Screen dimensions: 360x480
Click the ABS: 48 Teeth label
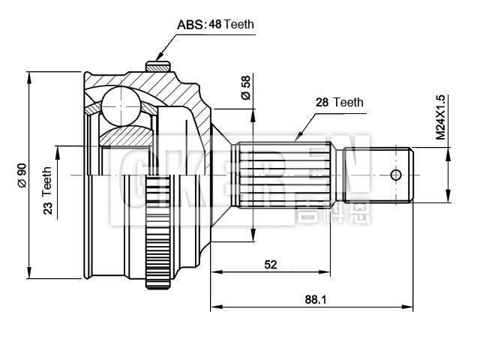[215, 24]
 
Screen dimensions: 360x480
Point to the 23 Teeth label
[47, 191]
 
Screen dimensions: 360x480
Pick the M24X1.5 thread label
[440, 118]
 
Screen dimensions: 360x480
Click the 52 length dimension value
[270, 264]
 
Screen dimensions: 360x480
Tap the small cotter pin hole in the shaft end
[396, 175]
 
